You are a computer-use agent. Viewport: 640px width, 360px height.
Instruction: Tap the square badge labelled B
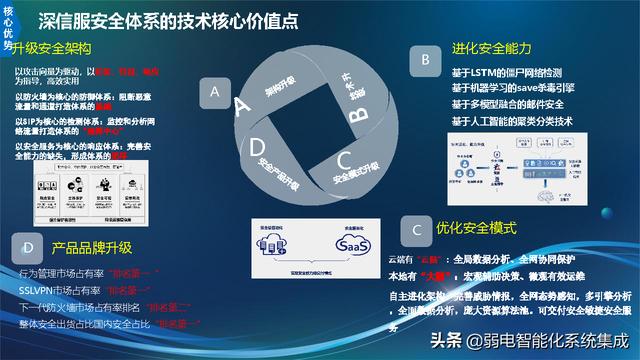point(426,61)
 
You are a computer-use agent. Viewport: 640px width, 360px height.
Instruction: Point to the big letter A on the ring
point(241,105)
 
